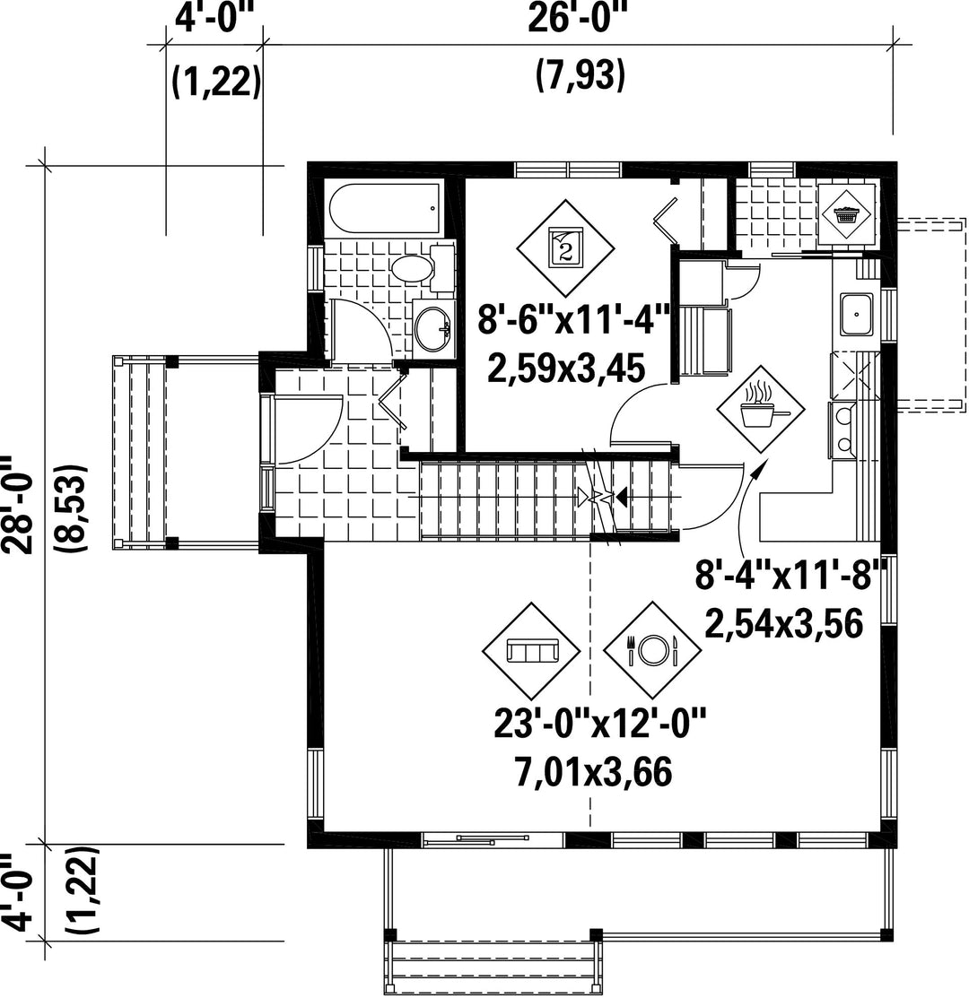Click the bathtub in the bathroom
click(385, 210)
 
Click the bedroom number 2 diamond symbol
click(565, 246)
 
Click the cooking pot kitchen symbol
click(761, 409)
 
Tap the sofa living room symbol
click(532, 650)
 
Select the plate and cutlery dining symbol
click(652, 650)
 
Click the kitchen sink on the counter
click(856, 315)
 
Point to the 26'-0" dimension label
click(578, 19)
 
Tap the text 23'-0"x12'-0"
click(600, 724)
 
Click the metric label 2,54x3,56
click(784, 624)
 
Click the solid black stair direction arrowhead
click(621, 497)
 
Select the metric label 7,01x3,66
click(593, 773)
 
